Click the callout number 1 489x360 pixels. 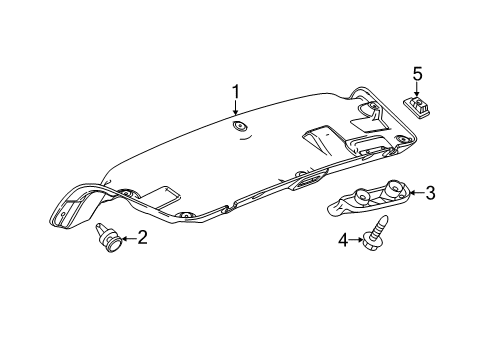(237, 93)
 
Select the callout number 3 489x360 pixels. (430, 192)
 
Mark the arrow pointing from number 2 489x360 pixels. (126, 237)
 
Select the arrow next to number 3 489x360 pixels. (413, 192)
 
